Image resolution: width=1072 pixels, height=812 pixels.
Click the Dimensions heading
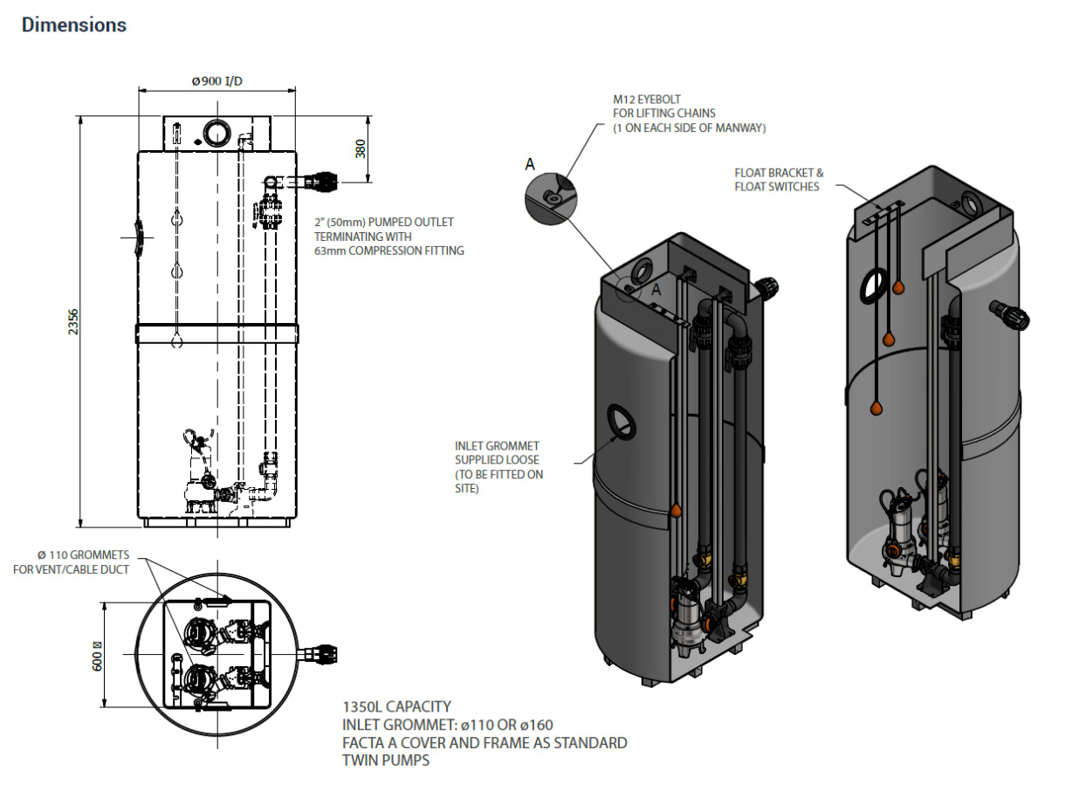point(74,24)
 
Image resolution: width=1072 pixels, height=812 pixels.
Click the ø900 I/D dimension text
point(217,81)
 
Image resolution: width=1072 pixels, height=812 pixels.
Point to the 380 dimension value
point(360,148)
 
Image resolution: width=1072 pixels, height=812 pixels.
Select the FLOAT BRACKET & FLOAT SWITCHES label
point(779,180)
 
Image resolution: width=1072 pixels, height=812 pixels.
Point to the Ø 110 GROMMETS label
point(84,562)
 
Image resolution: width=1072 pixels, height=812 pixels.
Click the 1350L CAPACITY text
point(396,706)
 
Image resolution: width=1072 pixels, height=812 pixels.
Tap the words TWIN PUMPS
point(387,760)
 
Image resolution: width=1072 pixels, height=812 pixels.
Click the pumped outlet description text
point(388,237)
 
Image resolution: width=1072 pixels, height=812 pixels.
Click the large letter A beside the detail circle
point(529,164)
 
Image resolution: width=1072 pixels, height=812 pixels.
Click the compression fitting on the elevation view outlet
point(326,182)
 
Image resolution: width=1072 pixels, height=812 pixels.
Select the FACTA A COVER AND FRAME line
point(485,743)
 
